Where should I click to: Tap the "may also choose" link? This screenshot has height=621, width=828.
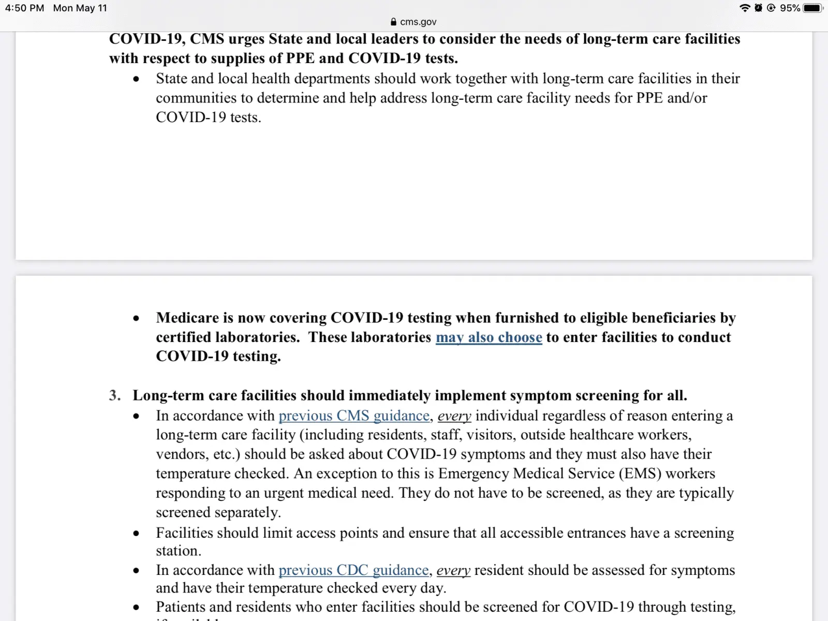[x=489, y=337]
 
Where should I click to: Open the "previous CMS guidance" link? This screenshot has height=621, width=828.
[x=354, y=416]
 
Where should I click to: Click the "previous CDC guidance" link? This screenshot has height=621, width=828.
[x=353, y=570]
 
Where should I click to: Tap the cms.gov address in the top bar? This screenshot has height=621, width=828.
[x=418, y=22]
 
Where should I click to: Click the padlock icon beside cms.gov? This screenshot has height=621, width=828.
[x=394, y=22]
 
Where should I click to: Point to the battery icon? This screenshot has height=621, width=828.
[x=812, y=8]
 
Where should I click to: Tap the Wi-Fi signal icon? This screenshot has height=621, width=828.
[x=745, y=8]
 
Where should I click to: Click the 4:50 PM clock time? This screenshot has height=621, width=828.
[x=24, y=8]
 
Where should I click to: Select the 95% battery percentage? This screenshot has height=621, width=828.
[x=790, y=8]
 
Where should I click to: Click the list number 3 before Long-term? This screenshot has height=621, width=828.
[x=114, y=396]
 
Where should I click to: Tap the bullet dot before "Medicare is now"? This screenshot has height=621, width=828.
[x=136, y=318]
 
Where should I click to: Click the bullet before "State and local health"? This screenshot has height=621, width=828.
[x=136, y=79]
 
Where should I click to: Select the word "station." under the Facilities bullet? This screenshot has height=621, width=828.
[x=179, y=551]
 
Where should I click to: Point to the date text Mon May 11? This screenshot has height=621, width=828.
[x=80, y=8]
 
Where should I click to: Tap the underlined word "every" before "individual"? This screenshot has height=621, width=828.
[x=454, y=416]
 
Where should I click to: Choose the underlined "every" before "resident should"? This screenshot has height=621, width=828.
[x=453, y=570]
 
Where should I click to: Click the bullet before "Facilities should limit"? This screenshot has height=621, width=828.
[x=136, y=534]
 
